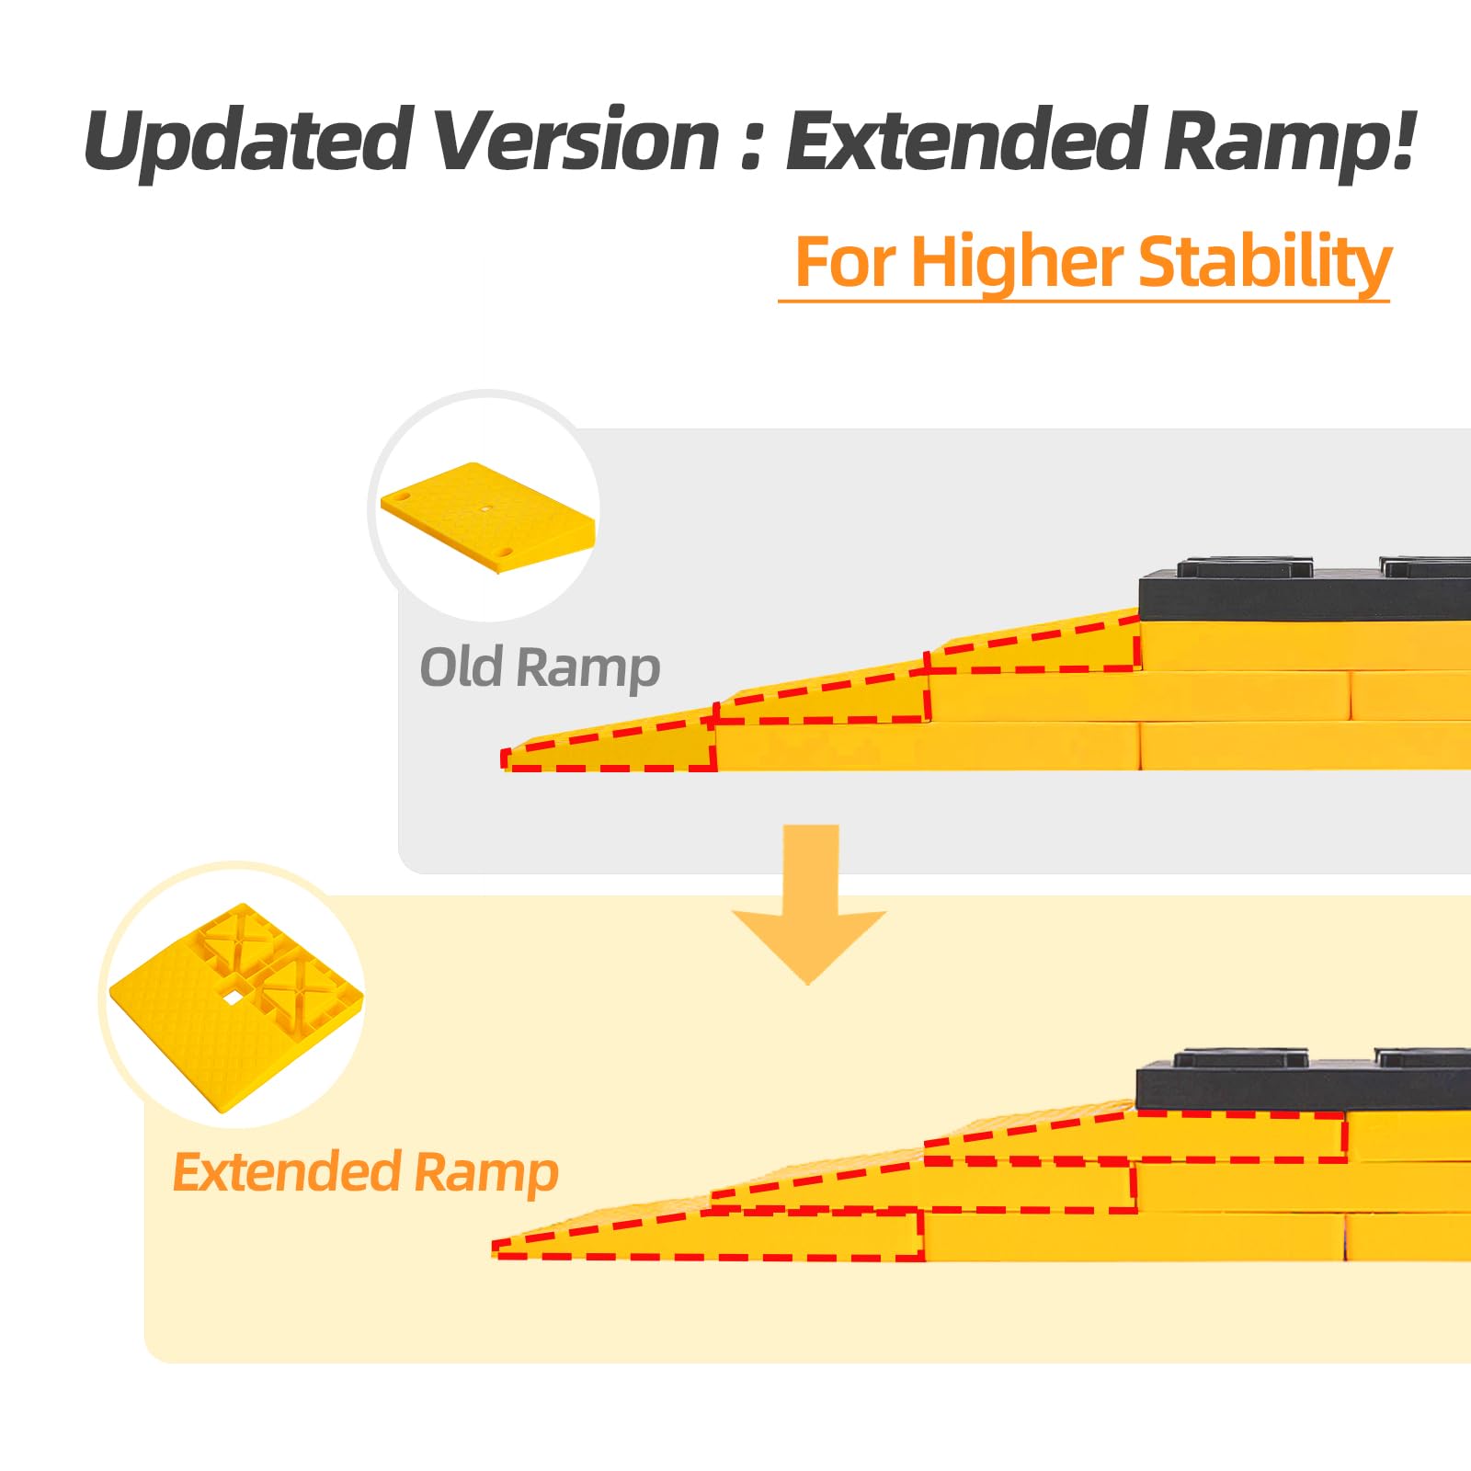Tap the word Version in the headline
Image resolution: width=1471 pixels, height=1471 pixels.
click(576, 140)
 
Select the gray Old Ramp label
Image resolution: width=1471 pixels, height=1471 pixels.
click(540, 668)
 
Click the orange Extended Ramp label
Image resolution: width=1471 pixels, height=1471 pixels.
click(365, 1173)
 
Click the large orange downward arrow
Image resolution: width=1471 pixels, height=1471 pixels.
click(810, 905)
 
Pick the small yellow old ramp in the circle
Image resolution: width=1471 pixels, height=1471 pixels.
click(488, 518)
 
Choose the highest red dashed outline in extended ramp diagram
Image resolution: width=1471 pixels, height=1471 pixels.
click(1135, 1136)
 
